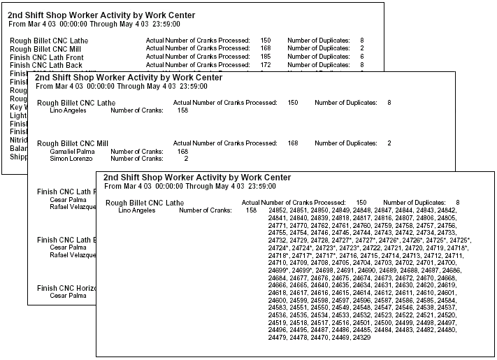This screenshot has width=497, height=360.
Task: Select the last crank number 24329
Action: (x=361, y=338)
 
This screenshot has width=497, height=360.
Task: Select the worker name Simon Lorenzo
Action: (x=70, y=159)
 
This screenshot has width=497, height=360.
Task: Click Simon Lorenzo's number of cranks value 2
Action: (x=185, y=159)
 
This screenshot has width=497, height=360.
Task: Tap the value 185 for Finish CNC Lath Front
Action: (x=266, y=56)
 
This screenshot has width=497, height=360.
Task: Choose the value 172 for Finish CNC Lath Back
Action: (x=266, y=64)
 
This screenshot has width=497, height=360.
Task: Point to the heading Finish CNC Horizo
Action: (x=66, y=287)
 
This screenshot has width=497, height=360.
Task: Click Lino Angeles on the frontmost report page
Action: (x=137, y=210)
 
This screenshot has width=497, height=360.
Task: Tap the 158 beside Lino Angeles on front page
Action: (x=251, y=210)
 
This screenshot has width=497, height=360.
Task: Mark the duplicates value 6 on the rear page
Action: (x=362, y=56)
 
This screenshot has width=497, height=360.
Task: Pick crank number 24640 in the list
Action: (x=322, y=285)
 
